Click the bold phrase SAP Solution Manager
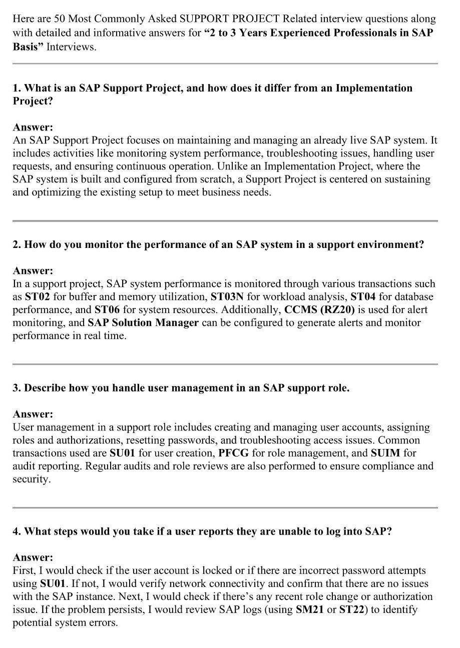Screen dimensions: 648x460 tap(143, 322)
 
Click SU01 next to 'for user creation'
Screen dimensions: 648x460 tap(122, 453)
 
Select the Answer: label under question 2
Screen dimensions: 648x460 tap(33, 270)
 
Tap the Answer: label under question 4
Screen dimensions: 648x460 tap(33, 557)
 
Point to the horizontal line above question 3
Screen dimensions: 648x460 tap(225, 364)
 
